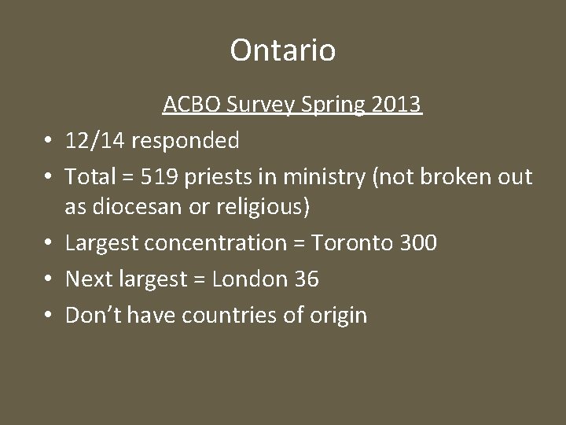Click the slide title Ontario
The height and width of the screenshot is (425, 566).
click(x=283, y=50)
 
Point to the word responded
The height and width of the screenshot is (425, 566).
click(x=186, y=141)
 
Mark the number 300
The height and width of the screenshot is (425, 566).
click(x=417, y=243)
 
